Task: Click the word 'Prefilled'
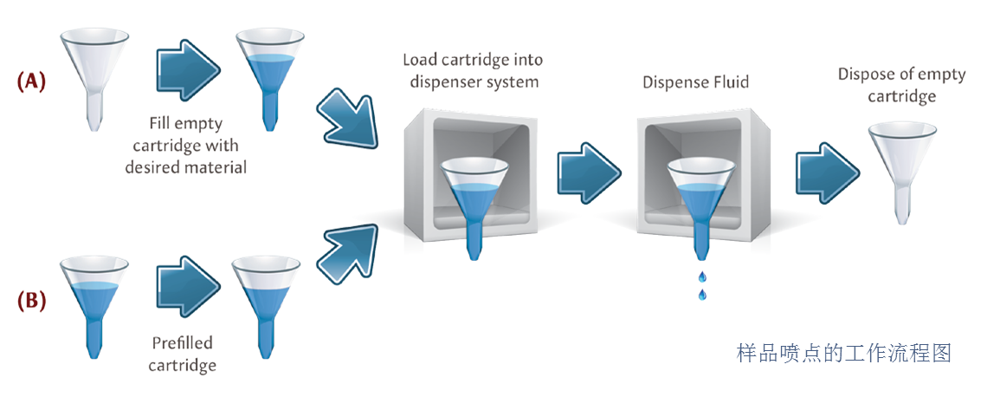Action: coord(183,342)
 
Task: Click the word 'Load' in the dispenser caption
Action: coord(421,61)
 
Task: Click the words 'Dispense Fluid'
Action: coord(695,83)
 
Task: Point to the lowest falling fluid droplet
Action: coord(701,296)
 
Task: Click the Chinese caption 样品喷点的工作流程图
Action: coord(843,353)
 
